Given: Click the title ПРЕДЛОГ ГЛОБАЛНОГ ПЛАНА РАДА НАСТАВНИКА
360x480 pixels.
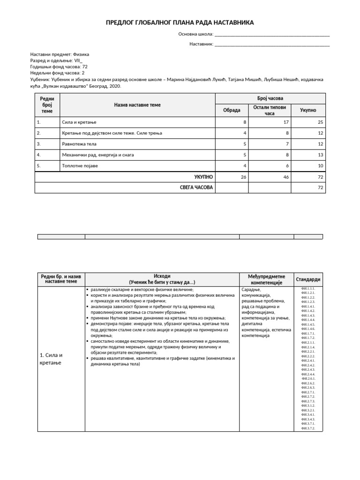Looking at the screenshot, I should click(180, 23).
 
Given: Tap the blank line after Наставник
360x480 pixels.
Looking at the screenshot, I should click(271, 45).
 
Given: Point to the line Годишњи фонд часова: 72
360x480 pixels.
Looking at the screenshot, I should click(59, 67).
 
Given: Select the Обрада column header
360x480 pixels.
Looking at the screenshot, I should click(232, 110).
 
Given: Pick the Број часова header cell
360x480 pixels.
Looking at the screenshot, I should click(270, 98).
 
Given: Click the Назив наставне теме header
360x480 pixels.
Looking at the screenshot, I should click(137, 105).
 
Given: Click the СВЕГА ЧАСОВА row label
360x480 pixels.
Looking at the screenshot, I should click(196, 187).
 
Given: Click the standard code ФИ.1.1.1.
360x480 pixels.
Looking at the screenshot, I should click(308, 288).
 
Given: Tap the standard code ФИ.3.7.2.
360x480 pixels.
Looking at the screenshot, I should click(308, 428).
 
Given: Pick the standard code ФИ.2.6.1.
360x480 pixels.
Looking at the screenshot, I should click(308, 378).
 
